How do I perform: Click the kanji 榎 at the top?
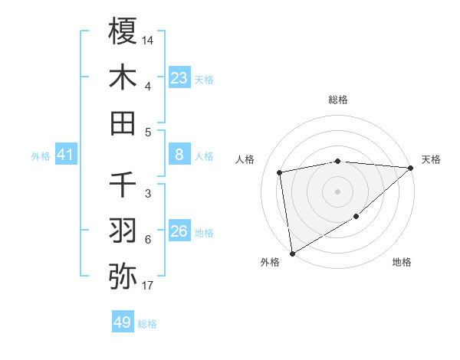click(x=123, y=33)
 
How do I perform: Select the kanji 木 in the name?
click(x=123, y=77)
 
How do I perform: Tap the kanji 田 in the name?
click(x=123, y=123)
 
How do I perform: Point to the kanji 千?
click(x=123, y=185)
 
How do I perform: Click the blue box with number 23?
click(x=179, y=77)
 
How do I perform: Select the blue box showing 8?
click(x=179, y=155)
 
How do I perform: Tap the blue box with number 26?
click(x=179, y=231)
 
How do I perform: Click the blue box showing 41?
click(x=66, y=155)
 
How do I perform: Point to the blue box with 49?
click(x=123, y=322)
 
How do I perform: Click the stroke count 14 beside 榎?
click(x=148, y=38)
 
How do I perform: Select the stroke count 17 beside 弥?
click(x=148, y=286)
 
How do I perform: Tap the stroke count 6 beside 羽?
click(x=148, y=240)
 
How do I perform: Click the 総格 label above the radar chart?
click(x=337, y=100)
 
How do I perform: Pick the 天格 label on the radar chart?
click(x=431, y=159)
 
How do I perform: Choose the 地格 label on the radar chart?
click(x=402, y=263)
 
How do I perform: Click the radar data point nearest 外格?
click(x=292, y=254)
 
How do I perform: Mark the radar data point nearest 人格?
click(x=280, y=172)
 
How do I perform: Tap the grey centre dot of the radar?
click(x=337, y=191)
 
